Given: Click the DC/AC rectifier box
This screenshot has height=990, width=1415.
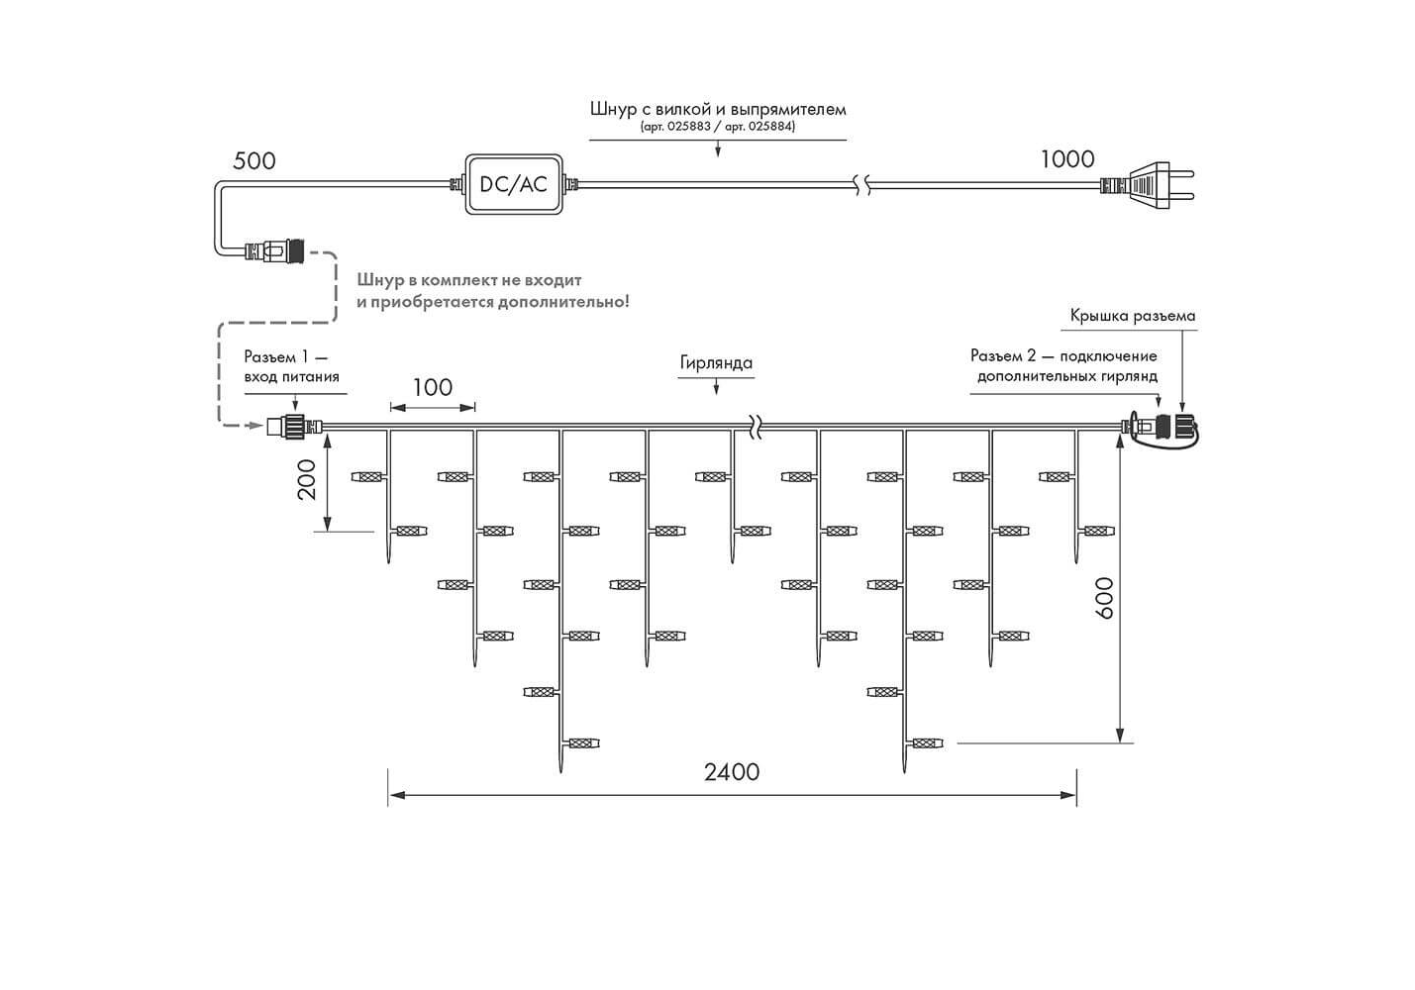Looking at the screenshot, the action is point(514,184).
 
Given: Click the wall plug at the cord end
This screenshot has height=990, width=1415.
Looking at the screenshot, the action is point(1147,185).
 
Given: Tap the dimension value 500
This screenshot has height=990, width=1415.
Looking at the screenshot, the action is point(253,161).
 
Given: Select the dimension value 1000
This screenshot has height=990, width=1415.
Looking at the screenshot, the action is point(1066,159).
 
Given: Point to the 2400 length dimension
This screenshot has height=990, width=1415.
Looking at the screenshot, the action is point(732,772).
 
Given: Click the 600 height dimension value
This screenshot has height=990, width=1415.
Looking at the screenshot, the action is point(1103,597).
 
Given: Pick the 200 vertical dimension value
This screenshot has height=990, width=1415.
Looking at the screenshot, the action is point(307,479).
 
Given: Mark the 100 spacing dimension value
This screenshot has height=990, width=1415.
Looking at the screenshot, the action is point(433,387).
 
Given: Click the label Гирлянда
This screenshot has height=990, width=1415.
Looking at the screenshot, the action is point(716,363).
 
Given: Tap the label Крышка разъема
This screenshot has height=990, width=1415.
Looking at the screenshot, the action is point(1133,316).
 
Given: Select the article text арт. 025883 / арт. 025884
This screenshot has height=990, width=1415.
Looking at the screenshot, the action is point(718,127).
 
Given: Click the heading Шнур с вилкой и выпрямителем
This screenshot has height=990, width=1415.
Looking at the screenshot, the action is point(718,109).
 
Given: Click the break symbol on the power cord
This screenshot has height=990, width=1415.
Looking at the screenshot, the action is point(861,185).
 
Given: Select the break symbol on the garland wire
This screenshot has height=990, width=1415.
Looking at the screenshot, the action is point(755,426).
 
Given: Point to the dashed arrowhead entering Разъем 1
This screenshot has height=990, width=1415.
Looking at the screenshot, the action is point(255,426).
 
